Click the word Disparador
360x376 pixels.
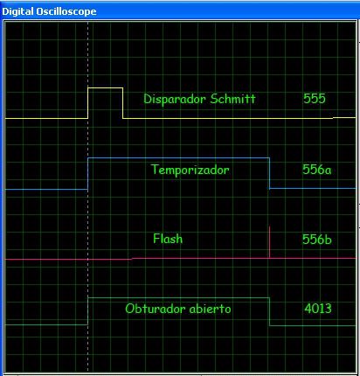click(x=175, y=99)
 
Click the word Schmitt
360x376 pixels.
click(x=232, y=99)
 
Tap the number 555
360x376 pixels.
click(x=315, y=99)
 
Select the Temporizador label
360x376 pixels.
click(x=190, y=170)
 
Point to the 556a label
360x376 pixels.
click(x=316, y=170)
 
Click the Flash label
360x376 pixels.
click(x=168, y=239)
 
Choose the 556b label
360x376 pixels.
click(x=316, y=240)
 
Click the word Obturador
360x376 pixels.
click(x=156, y=309)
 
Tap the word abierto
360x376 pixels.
click(x=210, y=309)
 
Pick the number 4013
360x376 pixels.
click(x=318, y=309)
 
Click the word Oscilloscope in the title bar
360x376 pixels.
click(x=66, y=11)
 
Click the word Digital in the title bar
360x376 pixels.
click(x=17, y=11)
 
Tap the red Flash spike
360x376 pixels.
click(x=270, y=242)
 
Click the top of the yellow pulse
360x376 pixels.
click(x=106, y=87)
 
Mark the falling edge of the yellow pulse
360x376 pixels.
click(x=123, y=103)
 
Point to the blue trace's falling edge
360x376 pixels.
click(x=270, y=173)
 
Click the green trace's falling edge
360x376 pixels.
click(x=270, y=311)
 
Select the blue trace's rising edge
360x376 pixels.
click(x=88, y=173)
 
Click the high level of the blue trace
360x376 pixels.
click(x=179, y=158)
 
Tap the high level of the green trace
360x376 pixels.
click(x=179, y=298)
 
